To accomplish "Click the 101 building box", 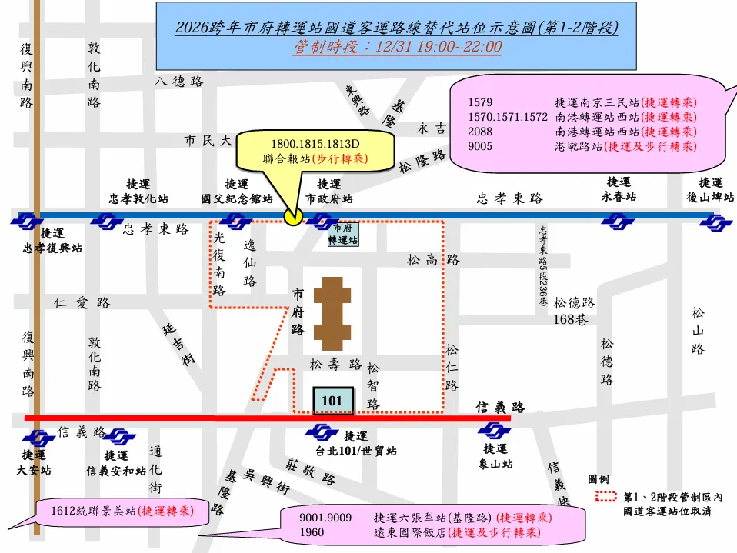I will (332, 401).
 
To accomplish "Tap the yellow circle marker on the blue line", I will (292, 216).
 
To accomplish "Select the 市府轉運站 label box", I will (343, 234).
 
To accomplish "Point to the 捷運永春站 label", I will (619, 189).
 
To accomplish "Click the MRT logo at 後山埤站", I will (715, 222).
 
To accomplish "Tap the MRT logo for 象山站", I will (494, 431).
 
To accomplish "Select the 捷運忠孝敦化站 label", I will (138, 191).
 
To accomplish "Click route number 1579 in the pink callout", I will (480, 102).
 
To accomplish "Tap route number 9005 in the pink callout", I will (480, 146).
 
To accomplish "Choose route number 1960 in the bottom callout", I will (312, 532).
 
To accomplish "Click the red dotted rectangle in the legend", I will (605, 496).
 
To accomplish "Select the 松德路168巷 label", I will (574, 311).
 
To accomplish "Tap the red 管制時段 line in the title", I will (396, 48).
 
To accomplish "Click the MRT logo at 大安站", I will (33, 436).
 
